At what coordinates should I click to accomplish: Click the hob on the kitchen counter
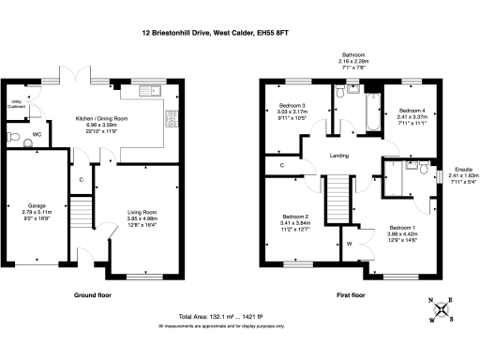click(170, 118)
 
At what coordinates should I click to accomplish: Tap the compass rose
click(443, 309)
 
